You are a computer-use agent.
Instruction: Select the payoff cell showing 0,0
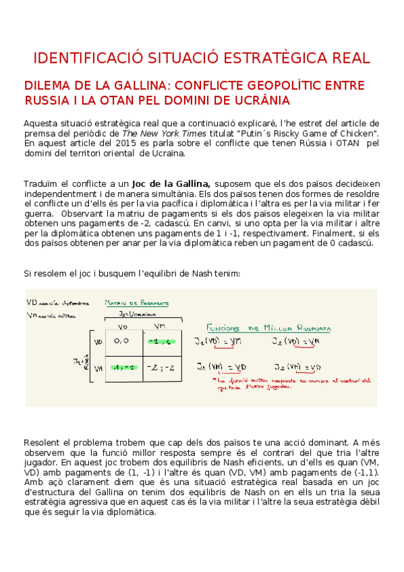pos(122,342)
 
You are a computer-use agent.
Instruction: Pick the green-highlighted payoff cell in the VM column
pos(160,342)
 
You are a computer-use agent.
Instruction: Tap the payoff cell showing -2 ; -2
pos(161,368)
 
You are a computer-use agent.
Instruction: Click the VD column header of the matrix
pos(123,326)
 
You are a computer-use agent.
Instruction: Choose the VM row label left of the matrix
pos(97,368)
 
